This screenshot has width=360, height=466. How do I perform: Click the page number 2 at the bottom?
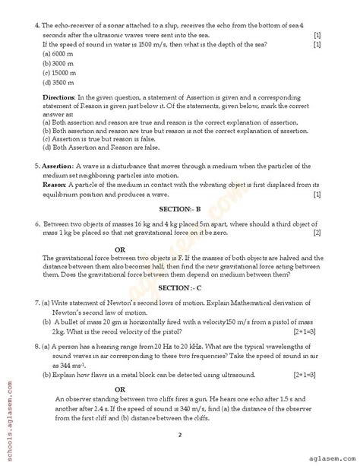[x=180, y=435]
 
